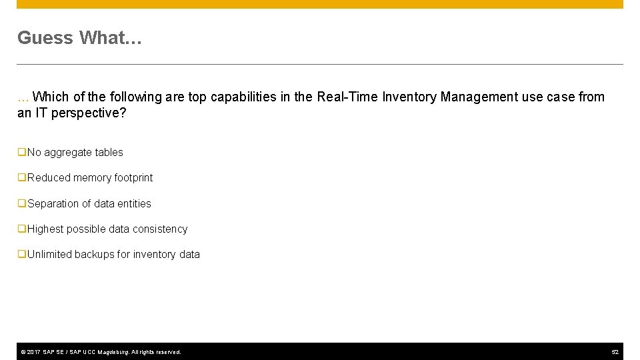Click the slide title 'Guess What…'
coord(79,38)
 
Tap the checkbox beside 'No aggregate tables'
coord(22,153)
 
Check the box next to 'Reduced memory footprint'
coord(22,178)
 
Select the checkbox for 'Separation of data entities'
coord(22,204)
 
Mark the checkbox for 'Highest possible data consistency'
coord(22,229)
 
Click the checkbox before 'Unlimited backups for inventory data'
coord(22,255)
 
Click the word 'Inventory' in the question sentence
coord(409,97)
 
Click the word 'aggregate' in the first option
coord(68,153)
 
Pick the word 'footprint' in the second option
coord(131,178)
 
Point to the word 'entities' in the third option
coord(134,204)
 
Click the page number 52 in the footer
coord(615,352)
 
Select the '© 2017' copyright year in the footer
coord(30,352)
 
